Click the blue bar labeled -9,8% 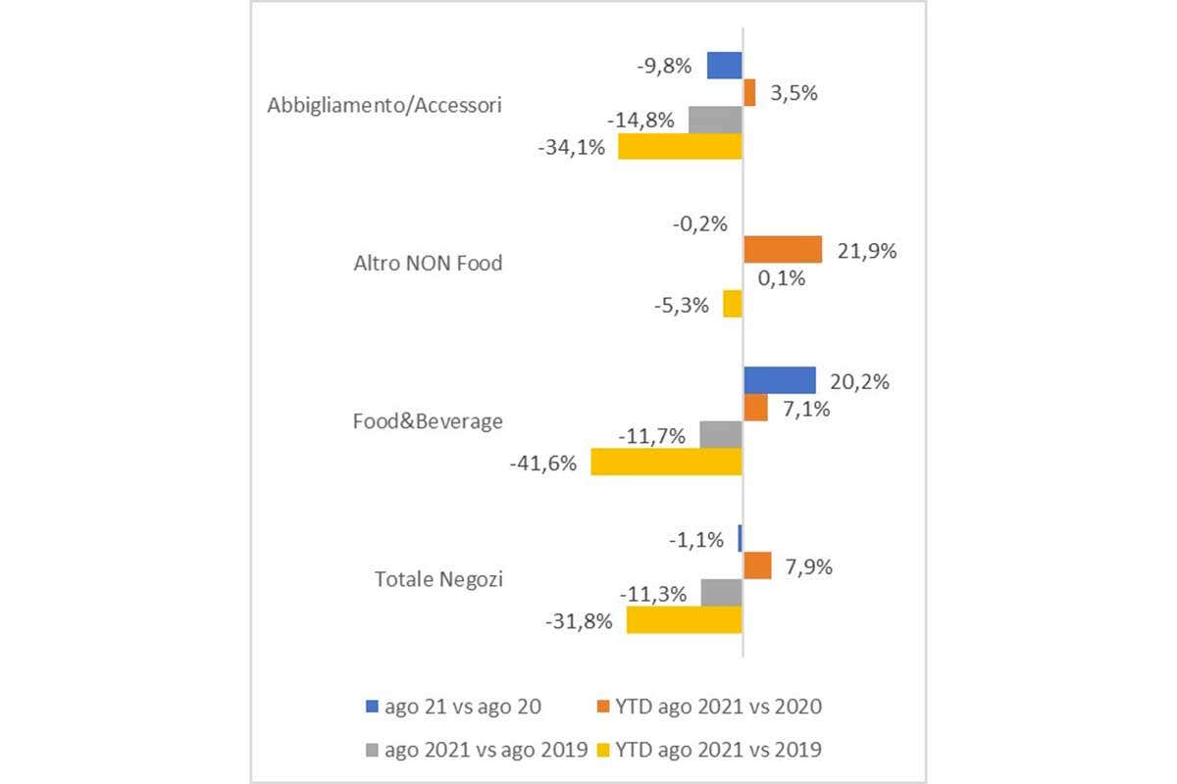[x=725, y=66]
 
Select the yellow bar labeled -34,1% [x=680, y=147]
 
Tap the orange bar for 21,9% [x=782, y=250]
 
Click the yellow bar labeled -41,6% [x=666, y=462]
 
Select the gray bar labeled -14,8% [x=715, y=121]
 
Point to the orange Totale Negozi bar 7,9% [x=757, y=565]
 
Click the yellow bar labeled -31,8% [x=684, y=619]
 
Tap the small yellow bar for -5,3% [x=733, y=304]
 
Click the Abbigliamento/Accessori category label [x=384, y=106]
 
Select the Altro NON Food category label [x=427, y=264]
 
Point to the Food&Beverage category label [x=428, y=421]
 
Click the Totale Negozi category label [x=438, y=579]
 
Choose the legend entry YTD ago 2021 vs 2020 [x=708, y=706]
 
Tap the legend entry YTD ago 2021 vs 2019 [x=708, y=750]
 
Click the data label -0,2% [x=699, y=223]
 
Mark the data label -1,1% [x=697, y=539]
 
